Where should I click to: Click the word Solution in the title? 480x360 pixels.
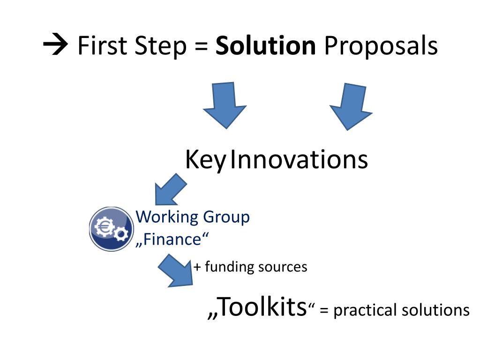pos(265,46)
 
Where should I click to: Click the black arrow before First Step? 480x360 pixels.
pos(56,46)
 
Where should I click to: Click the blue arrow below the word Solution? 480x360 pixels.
pos(224,105)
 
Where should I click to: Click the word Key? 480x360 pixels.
pos(205,161)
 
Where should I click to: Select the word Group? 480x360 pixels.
pos(226,218)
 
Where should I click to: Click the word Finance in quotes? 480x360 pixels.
pos(171,239)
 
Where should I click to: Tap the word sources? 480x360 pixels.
pos(284,267)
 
